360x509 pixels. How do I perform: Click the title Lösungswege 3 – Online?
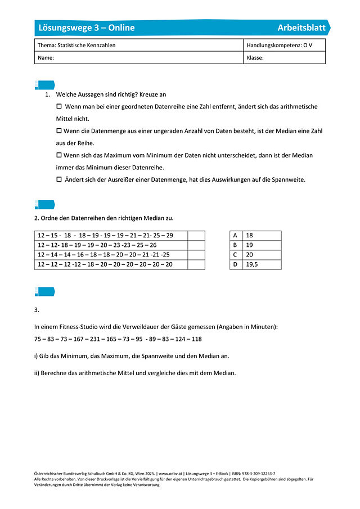[86, 28]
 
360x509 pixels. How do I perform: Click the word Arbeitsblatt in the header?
[301, 28]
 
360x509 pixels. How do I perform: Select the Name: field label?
[46, 57]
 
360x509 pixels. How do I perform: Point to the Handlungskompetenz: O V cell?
[279, 45]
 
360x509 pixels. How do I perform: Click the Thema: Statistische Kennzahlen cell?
[76, 45]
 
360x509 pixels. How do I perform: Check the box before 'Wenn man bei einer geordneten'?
[60, 106]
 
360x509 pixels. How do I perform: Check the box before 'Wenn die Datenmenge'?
[59, 130]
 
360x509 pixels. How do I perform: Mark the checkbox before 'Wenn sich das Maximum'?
[59, 155]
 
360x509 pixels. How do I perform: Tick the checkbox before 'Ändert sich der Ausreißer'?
[59, 179]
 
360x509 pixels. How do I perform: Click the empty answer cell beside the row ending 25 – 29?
[196, 236]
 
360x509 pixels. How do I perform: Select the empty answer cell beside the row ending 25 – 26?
[196, 245]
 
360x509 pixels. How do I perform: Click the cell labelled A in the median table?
[235, 236]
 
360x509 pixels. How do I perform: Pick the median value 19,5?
[253, 264]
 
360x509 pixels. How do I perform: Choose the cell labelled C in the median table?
[235, 255]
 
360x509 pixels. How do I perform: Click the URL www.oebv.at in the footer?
[173, 474]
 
